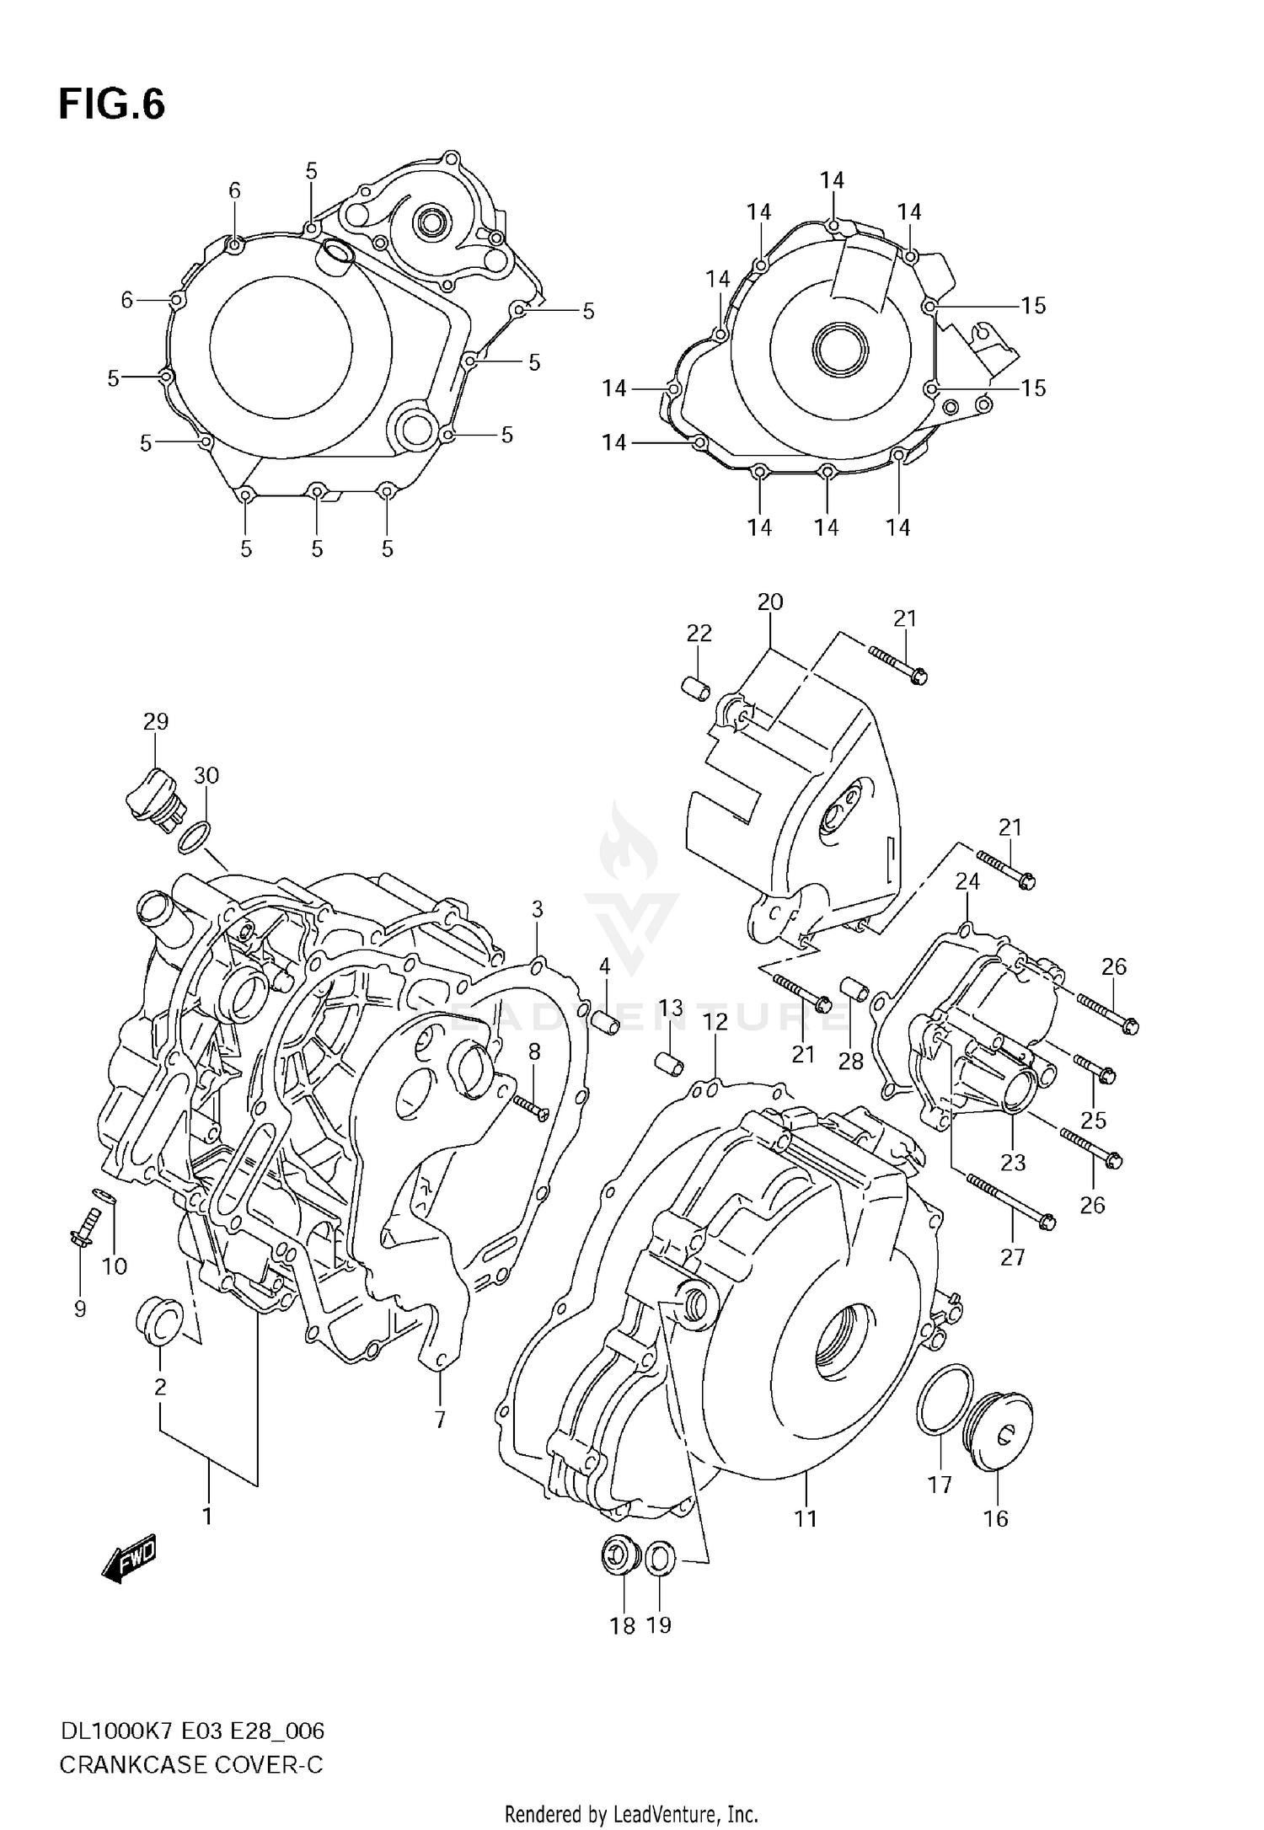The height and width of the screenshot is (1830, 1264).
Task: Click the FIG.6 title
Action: (111, 105)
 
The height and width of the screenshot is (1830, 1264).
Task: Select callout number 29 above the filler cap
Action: (156, 721)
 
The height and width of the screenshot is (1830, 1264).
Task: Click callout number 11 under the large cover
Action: (806, 1518)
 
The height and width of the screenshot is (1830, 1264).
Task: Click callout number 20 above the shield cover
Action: (769, 602)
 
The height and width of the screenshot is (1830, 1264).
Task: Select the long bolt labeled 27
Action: (1010, 1200)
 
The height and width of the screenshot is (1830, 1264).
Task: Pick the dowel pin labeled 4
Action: (607, 1022)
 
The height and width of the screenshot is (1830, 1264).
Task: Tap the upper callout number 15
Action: (1033, 306)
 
